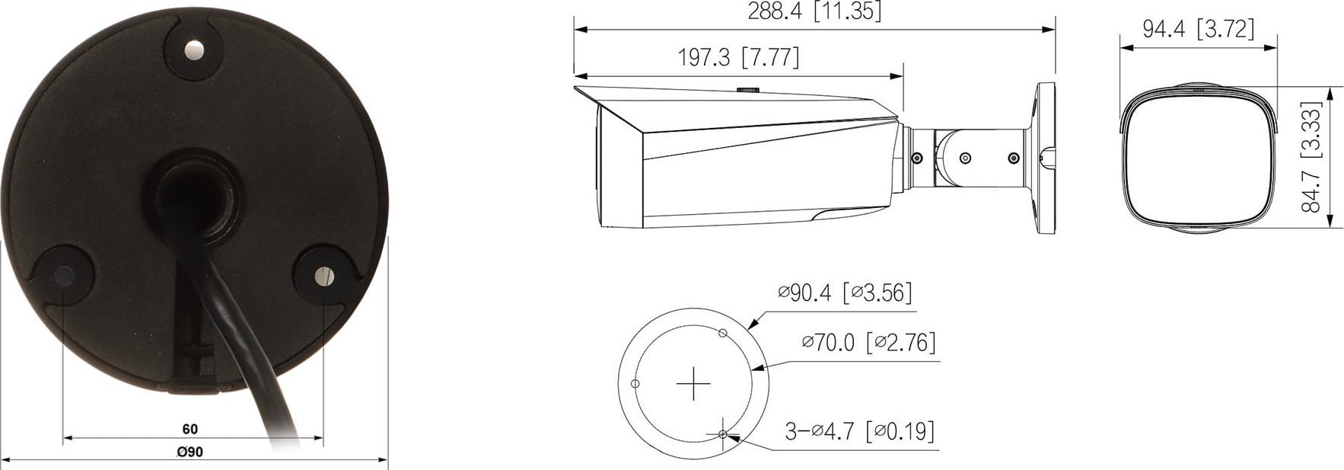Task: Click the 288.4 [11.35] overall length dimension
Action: (814, 12)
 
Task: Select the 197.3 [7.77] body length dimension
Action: (738, 57)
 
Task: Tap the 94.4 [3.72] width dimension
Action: (1198, 29)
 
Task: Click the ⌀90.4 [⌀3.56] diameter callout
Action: (845, 293)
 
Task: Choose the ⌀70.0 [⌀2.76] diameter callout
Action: (868, 342)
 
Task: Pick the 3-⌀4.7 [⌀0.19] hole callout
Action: (859, 431)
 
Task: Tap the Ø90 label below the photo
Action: (190, 452)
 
